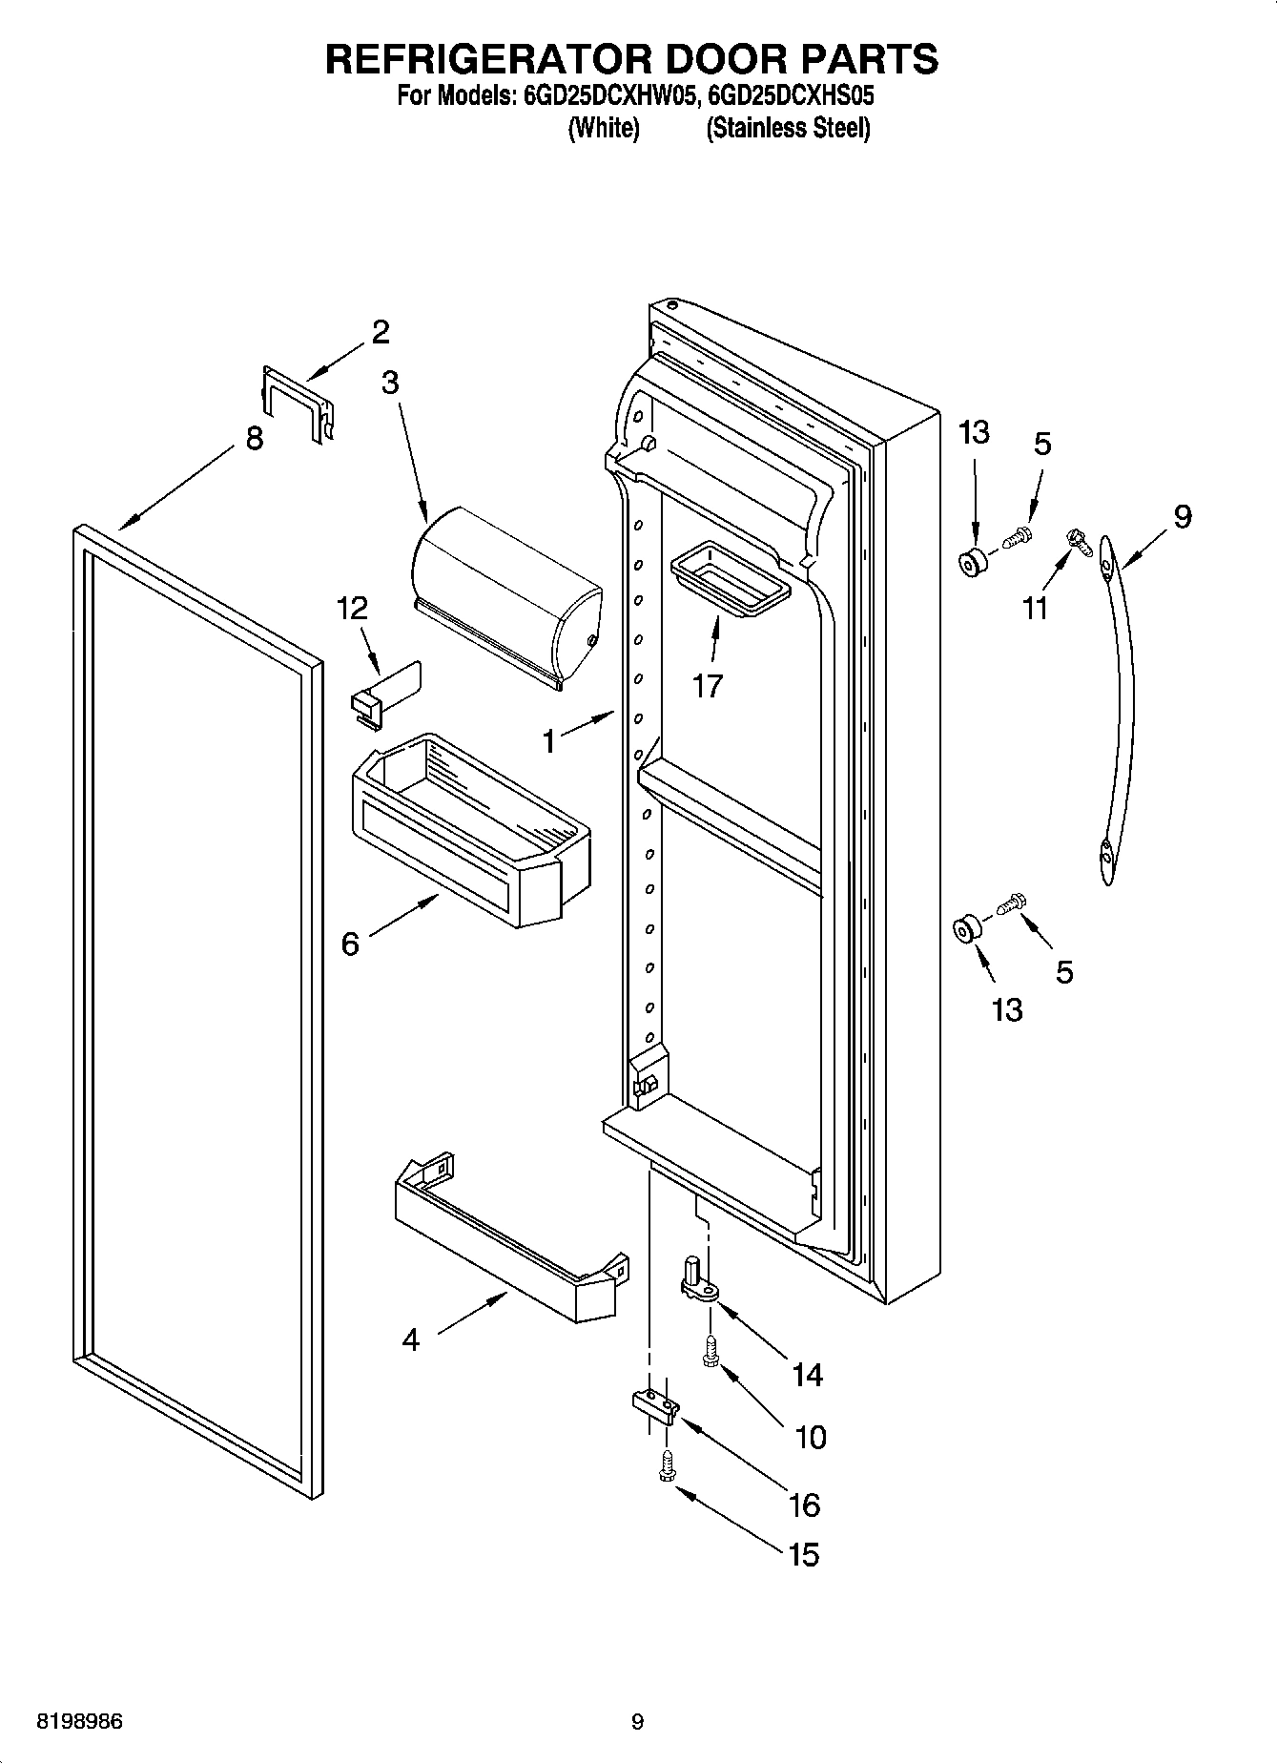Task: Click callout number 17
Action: (x=708, y=685)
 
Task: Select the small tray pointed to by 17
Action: (x=731, y=578)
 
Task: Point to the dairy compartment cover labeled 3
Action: (x=505, y=596)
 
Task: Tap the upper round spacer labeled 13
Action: (x=973, y=563)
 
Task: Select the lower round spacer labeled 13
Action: (x=967, y=928)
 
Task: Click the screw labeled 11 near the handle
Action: (x=1080, y=541)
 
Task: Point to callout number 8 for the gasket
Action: (x=254, y=439)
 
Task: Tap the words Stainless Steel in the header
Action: (x=788, y=129)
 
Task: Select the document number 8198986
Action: (x=79, y=1721)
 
